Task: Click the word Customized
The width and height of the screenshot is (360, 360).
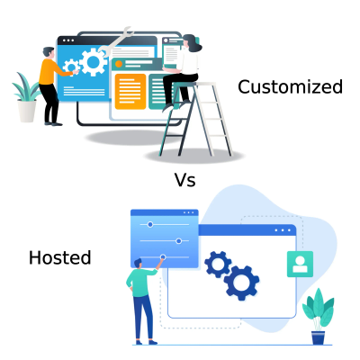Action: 290,87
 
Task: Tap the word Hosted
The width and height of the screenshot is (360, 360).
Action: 60,258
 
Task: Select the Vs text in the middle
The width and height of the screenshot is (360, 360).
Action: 184,180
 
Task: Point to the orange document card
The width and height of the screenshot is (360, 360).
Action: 130,91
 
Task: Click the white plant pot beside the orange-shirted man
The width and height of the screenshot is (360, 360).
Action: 28,110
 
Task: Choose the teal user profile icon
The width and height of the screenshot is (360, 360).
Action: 298,264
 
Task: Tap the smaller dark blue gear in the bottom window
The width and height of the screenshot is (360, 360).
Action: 218,263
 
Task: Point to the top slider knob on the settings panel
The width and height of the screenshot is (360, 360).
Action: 150,223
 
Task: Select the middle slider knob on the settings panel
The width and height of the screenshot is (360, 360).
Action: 179,240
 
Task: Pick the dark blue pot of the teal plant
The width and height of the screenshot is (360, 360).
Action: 318,337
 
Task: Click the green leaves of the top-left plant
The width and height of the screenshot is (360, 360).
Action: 25,90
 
